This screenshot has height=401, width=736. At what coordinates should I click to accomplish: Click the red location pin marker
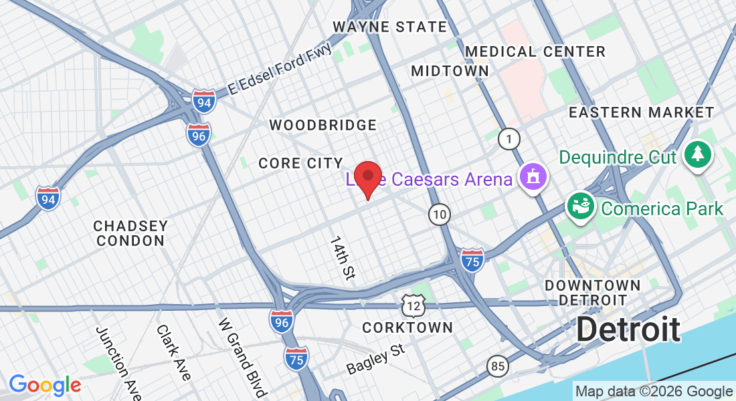pyautogui.click(x=367, y=177)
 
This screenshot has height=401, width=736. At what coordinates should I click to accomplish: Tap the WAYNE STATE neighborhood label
pyautogui.click(x=390, y=27)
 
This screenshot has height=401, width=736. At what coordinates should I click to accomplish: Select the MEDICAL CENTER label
pyautogui.click(x=535, y=51)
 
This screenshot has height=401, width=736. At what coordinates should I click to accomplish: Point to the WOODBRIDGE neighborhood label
pyautogui.click(x=323, y=125)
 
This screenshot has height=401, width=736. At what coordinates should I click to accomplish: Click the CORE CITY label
pyautogui.click(x=300, y=163)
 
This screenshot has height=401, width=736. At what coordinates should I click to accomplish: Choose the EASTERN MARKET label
pyautogui.click(x=642, y=112)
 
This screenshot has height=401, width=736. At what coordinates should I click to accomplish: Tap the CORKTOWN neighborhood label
pyautogui.click(x=407, y=327)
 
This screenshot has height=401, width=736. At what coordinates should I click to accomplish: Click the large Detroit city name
pyautogui.click(x=628, y=329)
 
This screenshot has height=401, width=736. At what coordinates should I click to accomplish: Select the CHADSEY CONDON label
pyautogui.click(x=130, y=233)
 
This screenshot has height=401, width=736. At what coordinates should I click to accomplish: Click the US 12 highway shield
pyautogui.click(x=413, y=305)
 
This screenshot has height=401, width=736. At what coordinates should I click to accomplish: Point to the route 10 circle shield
pyautogui.click(x=440, y=215)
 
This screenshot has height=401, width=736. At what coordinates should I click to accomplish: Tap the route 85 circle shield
pyautogui.click(x=497, y=366)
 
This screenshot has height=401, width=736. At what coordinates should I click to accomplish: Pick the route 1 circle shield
pyautogui.click(x=510, y=139)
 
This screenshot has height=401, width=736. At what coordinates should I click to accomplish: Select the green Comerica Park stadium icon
pyautogui.click(x=579, y=206)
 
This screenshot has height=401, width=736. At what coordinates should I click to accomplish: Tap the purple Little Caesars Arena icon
pyautogui.click(x=535, y=178)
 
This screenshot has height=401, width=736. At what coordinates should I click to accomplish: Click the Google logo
pyautogui.click(x=45, y=385)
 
